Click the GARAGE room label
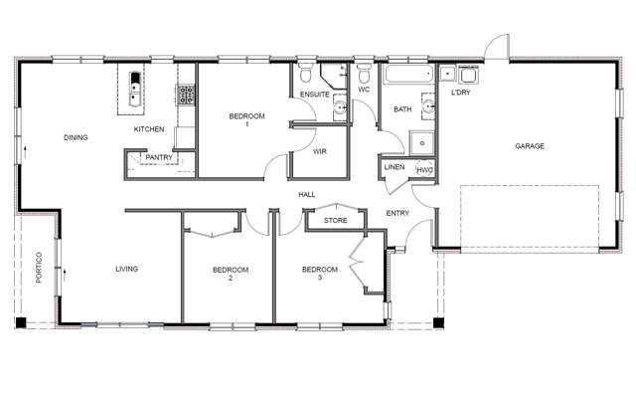pos(529,146)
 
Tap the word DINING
pos(77,137)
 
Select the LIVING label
pos(126,269)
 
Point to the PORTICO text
pos(37,269)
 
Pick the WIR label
pos(320,152)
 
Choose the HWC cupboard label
pos(425,169)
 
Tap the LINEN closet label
pos(395,167)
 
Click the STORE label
pos(336,220)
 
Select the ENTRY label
pos(398,213)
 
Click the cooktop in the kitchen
pos(185,95)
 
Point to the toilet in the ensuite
pos(307,76)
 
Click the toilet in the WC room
pos(365,76)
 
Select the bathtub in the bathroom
pos(407,75)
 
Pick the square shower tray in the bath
pos(422,142)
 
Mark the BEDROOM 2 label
pos(231,274)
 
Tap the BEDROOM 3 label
pos(320,274)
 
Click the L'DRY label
pos(460,93)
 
